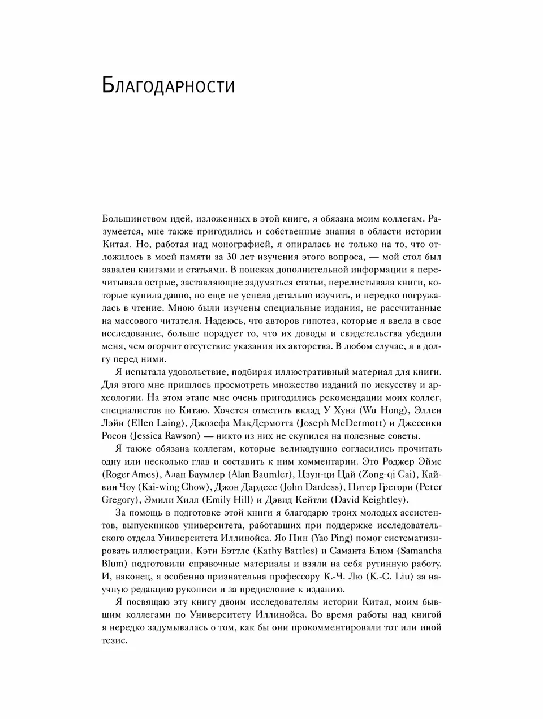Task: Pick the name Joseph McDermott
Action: click(339, 423)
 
